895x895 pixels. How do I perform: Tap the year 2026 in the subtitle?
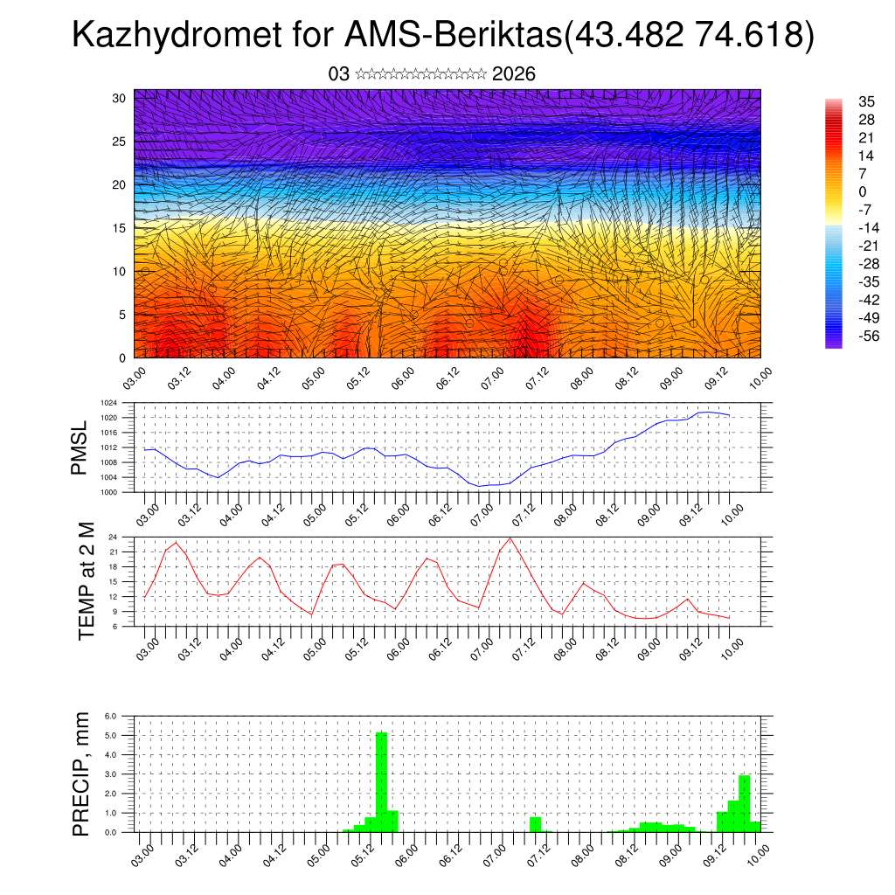[514, 74]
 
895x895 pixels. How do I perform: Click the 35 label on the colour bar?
[843, 101]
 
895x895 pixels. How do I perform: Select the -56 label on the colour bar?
[845, 336]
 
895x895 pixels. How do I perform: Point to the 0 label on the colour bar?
[838, 191]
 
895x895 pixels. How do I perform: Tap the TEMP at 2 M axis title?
[87, 580]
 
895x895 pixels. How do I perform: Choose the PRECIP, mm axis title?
[81, 773]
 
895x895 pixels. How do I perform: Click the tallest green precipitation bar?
[381, 781]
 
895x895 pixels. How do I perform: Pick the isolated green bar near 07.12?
[535, 824]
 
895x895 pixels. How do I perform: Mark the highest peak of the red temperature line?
[510, 538]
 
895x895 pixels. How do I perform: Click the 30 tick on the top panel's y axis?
[120, 98]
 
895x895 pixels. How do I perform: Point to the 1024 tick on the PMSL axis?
[108, 403]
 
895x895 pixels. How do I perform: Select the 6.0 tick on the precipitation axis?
[111, 716]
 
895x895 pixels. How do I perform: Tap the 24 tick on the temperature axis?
[113, 537]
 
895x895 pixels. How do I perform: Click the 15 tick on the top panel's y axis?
[120, 228]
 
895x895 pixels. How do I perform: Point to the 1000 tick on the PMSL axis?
[108, 492]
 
